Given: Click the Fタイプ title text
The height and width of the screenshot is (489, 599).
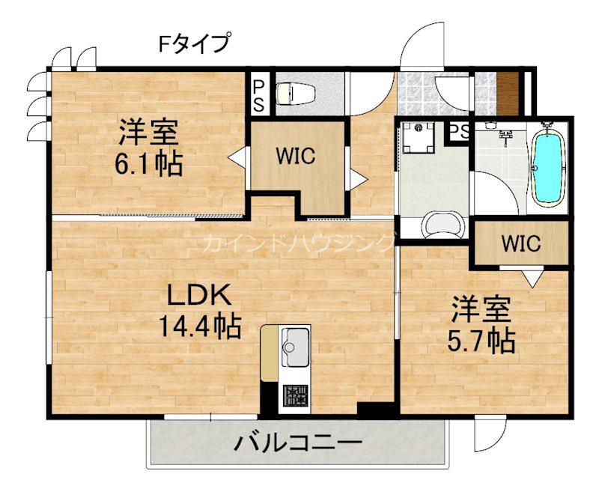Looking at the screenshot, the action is pyautogui.click(x=195, y=43).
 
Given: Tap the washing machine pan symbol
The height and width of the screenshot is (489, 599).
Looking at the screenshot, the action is pyautogui.click(x=417, y=137).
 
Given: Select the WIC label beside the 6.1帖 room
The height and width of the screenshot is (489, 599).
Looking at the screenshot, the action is pyautogui.click(x=296, y=156).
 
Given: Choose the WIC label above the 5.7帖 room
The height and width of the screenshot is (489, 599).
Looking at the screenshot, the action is pyautogui.click(x=521, y=243).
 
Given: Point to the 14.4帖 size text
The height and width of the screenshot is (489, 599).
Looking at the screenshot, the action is pyautogui.click(x=200, y=326).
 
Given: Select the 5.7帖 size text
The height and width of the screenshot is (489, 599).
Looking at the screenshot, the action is pyautogui.click(x=481, y=341).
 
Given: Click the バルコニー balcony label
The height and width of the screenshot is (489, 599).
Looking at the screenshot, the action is pyautogui.click(x=297, y=443).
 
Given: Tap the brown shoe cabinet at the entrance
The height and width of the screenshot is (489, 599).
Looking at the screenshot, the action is pyautogui.click(x=508, y=93).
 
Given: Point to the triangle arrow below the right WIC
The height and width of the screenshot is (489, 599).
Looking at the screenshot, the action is pyautogui.click(x=533, y=279).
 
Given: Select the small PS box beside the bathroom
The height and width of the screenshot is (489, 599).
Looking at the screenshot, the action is pyautogui.click(x=458, y=131).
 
